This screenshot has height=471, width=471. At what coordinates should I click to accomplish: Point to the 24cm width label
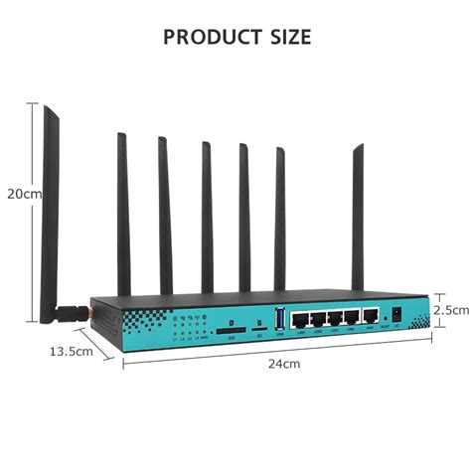[x=282, y=364]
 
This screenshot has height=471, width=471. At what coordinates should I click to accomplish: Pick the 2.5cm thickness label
[x=450, y=310]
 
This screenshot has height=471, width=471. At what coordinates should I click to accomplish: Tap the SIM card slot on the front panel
[x=233, y=326]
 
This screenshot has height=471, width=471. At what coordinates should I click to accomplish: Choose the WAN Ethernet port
[x=371, y=317]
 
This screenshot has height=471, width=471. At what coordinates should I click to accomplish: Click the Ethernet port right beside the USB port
[x=299, y=317]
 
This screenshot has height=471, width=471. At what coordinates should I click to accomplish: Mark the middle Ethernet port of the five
[x=335, y=317]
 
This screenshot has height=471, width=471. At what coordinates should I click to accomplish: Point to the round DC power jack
[x=397, y=317]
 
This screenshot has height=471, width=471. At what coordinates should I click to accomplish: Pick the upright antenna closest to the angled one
[x=123, y=214]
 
